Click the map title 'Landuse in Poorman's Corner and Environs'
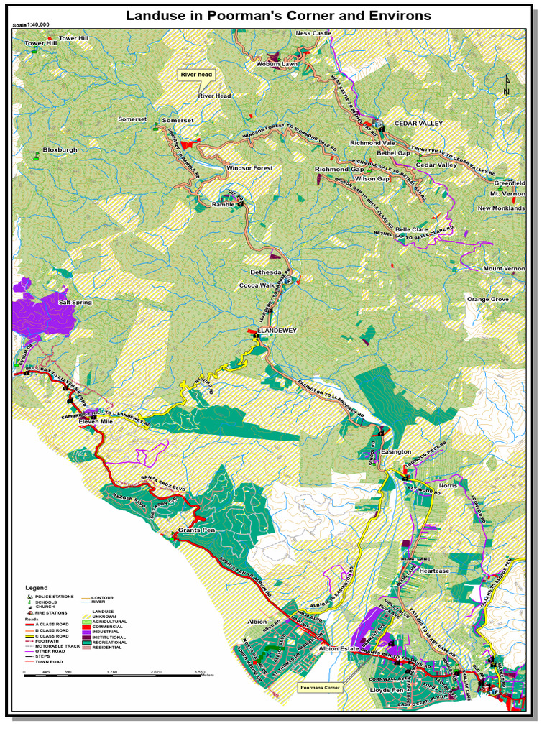click(278, 15)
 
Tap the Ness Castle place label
click(313, 33)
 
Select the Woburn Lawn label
click(277, 64)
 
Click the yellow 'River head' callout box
click(196, 75)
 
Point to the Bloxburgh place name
click(60, 150)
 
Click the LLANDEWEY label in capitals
click(277, 331)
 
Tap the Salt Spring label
click(75, 303)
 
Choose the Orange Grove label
click(487, 299)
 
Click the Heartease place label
click(435, 571)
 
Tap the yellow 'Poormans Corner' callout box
click(319, 687)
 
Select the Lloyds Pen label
click(387, 690)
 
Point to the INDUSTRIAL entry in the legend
click(106, 632)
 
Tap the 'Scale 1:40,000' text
click(32, 24)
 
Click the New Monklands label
click(501, 208)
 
